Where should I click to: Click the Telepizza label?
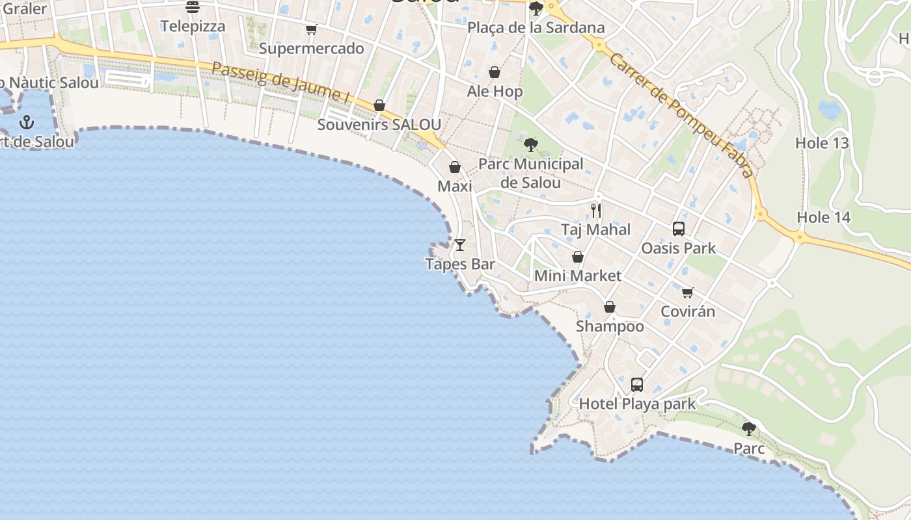193,27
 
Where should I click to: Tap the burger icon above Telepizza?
193,7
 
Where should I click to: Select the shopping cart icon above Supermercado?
312,29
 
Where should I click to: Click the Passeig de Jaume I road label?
280,82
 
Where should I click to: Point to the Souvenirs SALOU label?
379,125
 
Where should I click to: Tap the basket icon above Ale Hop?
495,72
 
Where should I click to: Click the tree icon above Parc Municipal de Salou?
531,145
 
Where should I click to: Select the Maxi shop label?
454,187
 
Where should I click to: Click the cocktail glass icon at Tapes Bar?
460,245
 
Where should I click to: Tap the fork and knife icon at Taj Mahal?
596,211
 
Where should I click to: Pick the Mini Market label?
577,276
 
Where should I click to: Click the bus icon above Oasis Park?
679,229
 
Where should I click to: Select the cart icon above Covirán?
688,292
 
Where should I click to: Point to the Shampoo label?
610,326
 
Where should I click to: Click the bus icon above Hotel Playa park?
637,385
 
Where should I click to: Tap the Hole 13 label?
823,143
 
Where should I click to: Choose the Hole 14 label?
824,217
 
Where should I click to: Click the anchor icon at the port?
27,122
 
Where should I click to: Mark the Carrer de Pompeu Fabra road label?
681,115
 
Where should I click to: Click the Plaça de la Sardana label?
536,28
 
